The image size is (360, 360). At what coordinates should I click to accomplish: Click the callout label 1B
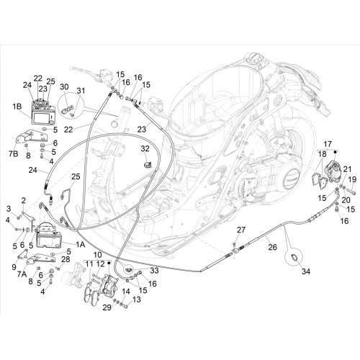[x=17, y=107]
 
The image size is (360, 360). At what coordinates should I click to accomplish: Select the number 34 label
[x=306, y=271]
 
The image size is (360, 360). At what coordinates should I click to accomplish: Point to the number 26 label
[x=272, y=247]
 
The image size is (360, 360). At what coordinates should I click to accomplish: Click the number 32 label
[x=145, y=148]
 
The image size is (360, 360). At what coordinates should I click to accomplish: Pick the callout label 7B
[x=14, y=154]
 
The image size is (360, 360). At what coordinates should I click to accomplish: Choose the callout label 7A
[x=22, y=274]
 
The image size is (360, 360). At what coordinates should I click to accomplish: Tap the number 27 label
[x=241, y=230]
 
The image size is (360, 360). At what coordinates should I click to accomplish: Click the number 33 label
[x=154, y=271]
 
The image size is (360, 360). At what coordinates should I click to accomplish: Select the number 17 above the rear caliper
[x=328, y=144]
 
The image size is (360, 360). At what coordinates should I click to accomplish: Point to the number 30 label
[x=64, y=86]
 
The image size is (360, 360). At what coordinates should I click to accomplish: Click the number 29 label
[x=107, y=307]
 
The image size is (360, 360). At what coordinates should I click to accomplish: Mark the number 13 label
[x=136, y=300]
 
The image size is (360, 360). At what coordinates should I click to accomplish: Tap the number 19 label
[x=352, y=179]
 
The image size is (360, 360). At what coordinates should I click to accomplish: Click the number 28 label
[x=66, y=259]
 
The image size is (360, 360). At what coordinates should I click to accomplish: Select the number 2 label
[x=23, y=200]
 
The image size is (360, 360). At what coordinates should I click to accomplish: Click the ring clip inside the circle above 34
[x=294, y=258]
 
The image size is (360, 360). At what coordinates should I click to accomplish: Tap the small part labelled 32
[x=147, y=164]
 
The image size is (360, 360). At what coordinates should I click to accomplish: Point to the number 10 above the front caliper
[x=98, y=255]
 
